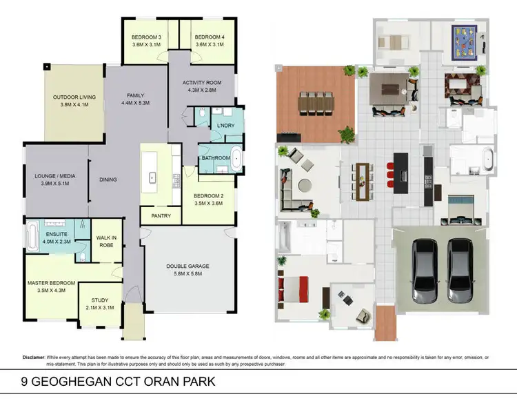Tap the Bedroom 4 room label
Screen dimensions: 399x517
point(208,37)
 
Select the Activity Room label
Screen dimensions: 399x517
point(200,84)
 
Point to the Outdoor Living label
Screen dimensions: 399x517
point(74,97)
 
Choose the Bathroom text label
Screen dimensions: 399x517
point(215,158)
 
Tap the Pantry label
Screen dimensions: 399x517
point(161,216)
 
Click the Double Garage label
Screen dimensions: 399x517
point(187,266)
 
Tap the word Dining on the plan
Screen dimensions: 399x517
point(108,180)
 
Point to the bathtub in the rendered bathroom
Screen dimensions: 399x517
point(487,158)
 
